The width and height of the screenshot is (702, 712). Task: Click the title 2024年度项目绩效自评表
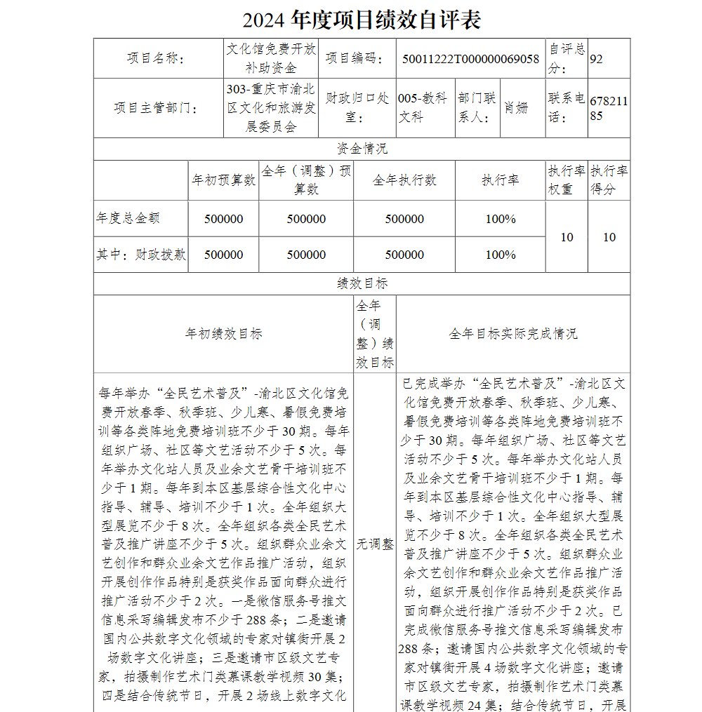point(362,20)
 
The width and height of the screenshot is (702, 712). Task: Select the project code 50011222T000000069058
point(470,59)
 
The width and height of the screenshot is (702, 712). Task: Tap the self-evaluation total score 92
point(596,59)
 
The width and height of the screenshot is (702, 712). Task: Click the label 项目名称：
point(156,59)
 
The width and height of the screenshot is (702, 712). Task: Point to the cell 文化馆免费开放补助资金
point(271,58)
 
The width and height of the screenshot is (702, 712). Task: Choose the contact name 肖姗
point(515,108)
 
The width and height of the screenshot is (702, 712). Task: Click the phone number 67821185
point(608,108)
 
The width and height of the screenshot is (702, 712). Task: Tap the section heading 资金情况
point(362,149)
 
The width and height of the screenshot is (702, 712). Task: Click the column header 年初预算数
point(223,180)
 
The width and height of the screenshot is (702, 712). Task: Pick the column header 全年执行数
point(404,180)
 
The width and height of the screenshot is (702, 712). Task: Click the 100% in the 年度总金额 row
point(501,219)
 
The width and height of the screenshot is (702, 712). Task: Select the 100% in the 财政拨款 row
point(501,255)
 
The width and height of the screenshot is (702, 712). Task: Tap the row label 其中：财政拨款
point(141,255)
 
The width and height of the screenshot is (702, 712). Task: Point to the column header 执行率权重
point(566,180)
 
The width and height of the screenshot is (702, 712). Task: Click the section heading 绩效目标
point(362,283)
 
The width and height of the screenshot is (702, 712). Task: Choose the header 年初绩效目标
point(223,334)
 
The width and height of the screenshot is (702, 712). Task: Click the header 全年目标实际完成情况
point(513,334)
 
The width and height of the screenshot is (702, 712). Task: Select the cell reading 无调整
point(374,544)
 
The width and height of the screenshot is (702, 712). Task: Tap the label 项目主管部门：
point(156,108)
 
